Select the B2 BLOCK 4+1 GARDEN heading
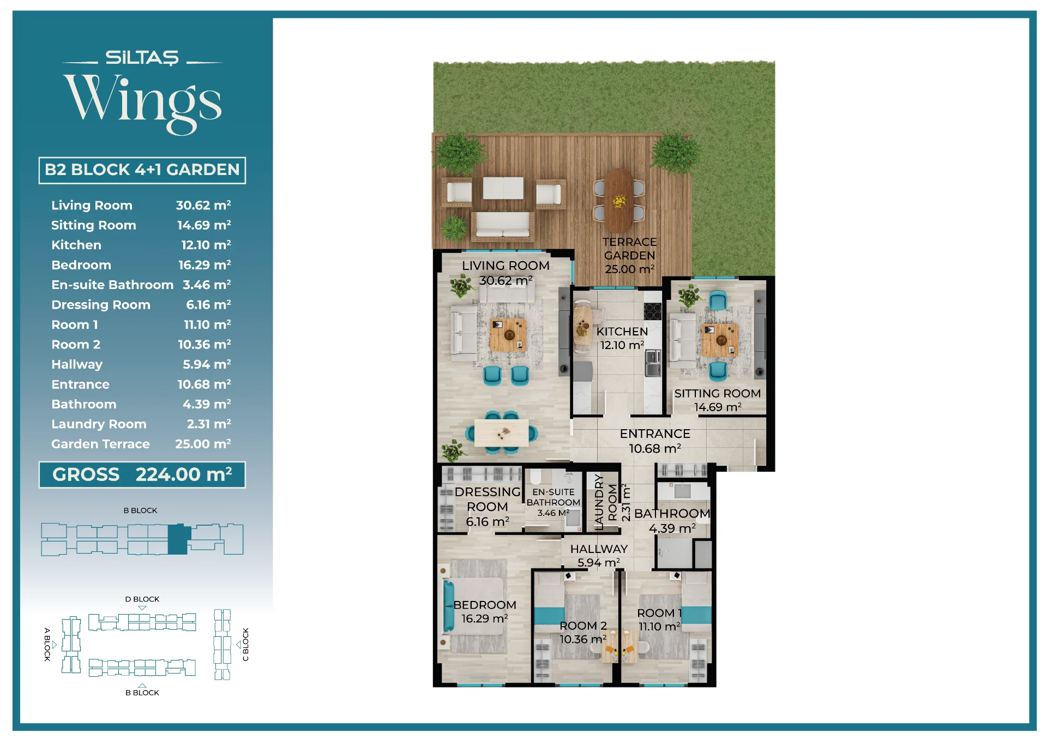(142, 170)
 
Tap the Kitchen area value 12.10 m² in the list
(206, 245)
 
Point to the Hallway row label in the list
(77, 364)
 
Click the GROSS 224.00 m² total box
(142, 474)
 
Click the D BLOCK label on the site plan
(142, 599)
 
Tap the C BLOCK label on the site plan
(245, 645)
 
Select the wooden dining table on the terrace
(618, 201)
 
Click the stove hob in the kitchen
(653, 311)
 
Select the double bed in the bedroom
(474, 606)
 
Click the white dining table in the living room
(501, 433)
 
